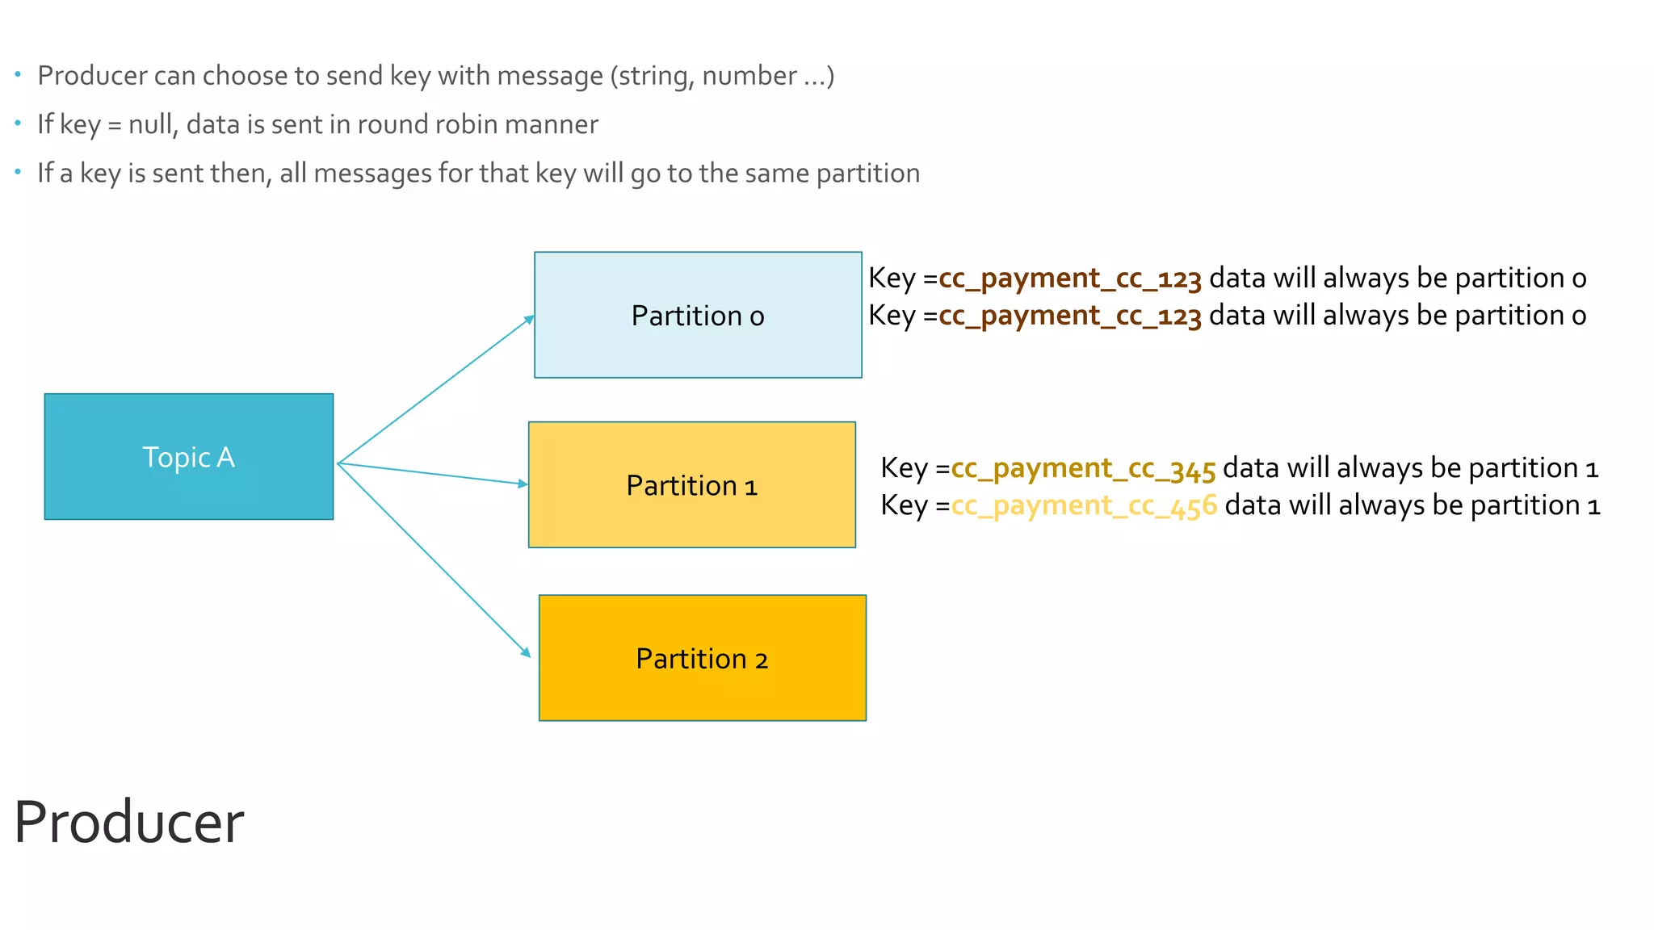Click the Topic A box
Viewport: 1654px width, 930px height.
coord(188,457)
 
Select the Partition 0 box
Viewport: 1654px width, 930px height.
coord(698,315)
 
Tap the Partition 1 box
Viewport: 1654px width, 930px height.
coord(691,485)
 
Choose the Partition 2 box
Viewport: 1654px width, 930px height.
coord(702,658)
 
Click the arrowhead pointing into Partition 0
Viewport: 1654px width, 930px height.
coord(529,319)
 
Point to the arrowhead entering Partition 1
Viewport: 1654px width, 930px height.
coord(523,484)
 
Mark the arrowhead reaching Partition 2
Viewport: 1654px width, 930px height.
coord(526,652)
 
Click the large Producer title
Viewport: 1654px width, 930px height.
coord(128,822)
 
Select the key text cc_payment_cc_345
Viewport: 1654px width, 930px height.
coord(1083,468)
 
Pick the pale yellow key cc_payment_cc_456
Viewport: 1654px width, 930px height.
coord(1083,505)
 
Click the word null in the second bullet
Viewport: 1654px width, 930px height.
coord(151,124)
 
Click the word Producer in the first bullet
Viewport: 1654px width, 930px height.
coord(92,75)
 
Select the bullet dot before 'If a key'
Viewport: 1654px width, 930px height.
coord(18,172)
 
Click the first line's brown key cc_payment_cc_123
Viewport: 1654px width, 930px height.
coord(1069,279)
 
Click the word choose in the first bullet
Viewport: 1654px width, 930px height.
coord(246,75)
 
